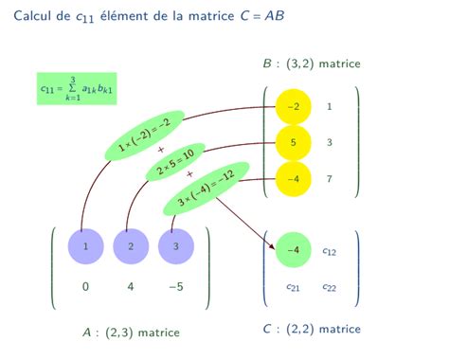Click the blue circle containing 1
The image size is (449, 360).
[x=86, y=247]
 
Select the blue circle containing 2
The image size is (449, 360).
[x=131, y=247]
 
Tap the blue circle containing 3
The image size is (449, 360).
[x=175, y=247]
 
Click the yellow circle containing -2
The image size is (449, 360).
[x=294, y=107]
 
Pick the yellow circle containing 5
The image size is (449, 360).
[x=294, y=142]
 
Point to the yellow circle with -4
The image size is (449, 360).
[x=294, y=177]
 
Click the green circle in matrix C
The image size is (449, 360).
[x=294, y=251]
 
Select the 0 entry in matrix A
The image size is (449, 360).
[x=86, y=287]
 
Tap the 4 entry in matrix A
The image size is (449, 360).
[x=131, y=287]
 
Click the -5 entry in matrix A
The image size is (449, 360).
[x=175, y=287]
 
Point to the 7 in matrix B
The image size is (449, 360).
[x=329, y=177]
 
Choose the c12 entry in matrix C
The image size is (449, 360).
[x=329, y=251]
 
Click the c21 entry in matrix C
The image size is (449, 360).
[x=294, y=287]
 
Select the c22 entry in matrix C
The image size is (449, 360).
[x=329, y=287]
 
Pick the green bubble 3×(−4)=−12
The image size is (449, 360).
[x=206, y=188]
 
